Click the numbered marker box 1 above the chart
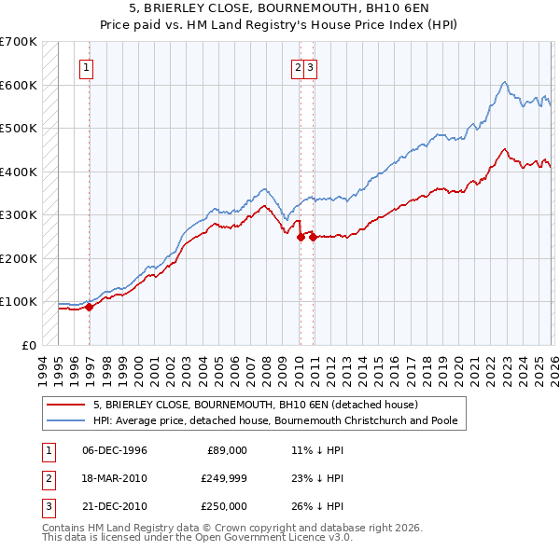coord(86,66)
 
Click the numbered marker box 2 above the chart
coord(298,66)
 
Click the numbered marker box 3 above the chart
coord(310,66)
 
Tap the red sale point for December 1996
coord(90,306)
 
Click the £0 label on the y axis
coord(29,345)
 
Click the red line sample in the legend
coord(65,405)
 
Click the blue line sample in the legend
coord(65,420)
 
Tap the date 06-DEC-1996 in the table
coord(115,450)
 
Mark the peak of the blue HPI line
coord(503,82)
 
